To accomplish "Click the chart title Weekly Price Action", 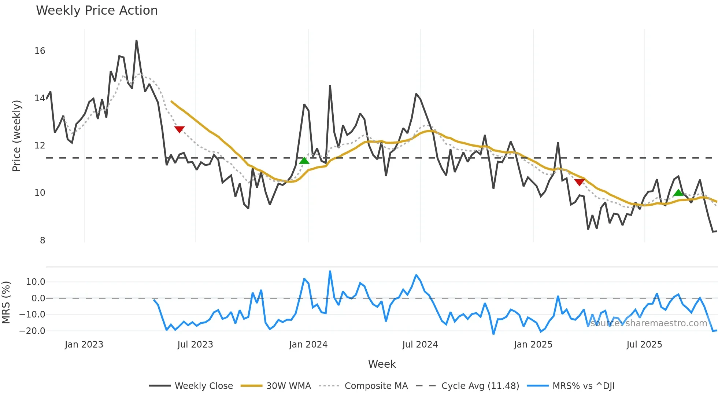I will click(x=97, y=11).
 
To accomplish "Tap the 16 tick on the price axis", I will click(x=40, y=51).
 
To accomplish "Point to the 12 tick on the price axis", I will click(x=40, y=146).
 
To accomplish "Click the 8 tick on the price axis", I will click(x=42, y=240).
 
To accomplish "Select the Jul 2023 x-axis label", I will click(x=195, y=345).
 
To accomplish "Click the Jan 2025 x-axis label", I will click(x=533, y=345).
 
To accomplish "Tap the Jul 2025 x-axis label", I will click(x=644, y=345).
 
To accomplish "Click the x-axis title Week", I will click(x=382, y=364).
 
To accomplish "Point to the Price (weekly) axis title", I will click(x=16, y=136).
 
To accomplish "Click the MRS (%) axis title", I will click(x=6, y=302).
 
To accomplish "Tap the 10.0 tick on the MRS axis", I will click(x=36, y=282).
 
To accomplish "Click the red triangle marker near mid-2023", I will click(x=179, y=129).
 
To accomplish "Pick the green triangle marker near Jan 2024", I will click(x=304, y=161).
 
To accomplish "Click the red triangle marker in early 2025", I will click(x=580, y=182).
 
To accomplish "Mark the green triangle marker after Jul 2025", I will click(x=678, y=193).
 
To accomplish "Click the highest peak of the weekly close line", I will click(x=136, y=41).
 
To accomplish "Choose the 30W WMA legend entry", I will click(x=276, y=386).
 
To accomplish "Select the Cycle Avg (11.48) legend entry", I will click(x=468, y=386).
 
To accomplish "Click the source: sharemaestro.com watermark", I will click(x=648, y=323).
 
